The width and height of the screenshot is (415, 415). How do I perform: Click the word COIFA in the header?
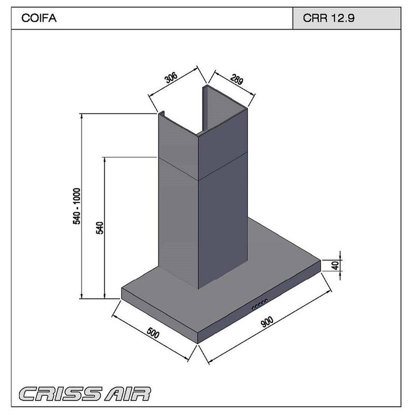pyautogui.click(x=39, y=19)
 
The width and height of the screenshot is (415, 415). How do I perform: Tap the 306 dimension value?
pyautogui.click(x=171, y=79)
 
